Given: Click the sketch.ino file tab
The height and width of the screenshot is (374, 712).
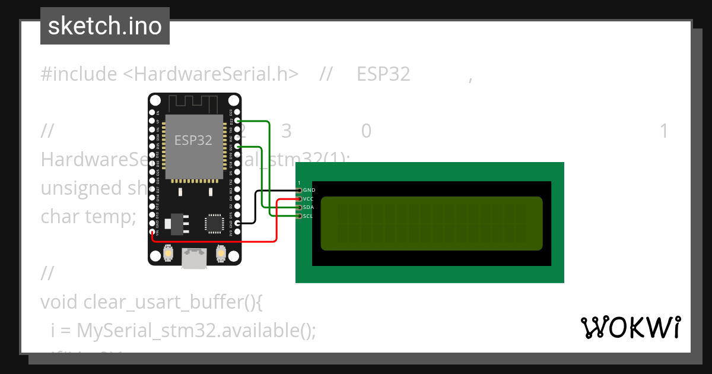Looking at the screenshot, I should pos(104,26).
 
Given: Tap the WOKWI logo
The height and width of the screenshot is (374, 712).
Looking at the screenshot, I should pos(630,327).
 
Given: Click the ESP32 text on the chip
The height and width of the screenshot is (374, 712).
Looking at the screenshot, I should pos(193,141).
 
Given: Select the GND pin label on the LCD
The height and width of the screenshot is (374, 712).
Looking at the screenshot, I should pos(309,190).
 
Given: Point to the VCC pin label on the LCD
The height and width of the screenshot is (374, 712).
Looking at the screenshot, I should pos(309,199).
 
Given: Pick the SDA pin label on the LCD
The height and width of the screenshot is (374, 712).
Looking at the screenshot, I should pos(309,207).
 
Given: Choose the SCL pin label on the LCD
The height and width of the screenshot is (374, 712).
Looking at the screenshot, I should pos(309,216).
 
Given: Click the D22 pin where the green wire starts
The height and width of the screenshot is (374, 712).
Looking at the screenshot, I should pos(237,121).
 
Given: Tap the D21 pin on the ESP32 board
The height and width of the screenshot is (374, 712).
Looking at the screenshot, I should pos(237,146).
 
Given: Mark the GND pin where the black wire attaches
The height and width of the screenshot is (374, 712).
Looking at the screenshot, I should pos(237,223).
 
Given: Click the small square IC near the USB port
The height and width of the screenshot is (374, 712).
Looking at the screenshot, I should pos(213,223).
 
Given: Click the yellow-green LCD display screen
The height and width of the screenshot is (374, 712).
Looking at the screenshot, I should pos(431,223).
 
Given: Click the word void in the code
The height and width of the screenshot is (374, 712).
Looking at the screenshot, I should pos(59,302).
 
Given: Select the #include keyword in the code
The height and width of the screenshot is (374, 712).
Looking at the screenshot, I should pos(79,74).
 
